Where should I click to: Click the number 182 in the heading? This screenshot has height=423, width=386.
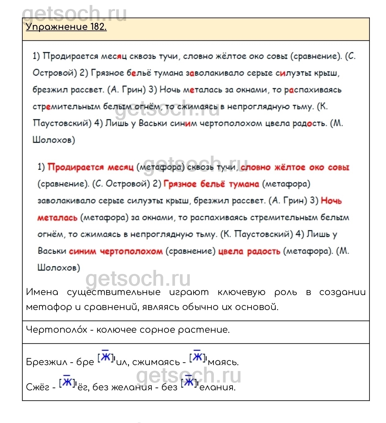pyautogui.click(x=98, y=27)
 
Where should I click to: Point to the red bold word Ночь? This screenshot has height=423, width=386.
pyautogui.click(x=331, y=201)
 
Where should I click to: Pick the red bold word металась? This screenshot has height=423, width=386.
pyautogui.click(x=57, y=218)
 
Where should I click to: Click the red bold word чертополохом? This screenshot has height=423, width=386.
pyautogui.click(x=131, y=251)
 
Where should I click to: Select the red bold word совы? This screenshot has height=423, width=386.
pyautogui.click(x=339, y=167)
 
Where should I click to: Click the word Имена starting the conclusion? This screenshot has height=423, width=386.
pyautogui.click(x=42, y=292)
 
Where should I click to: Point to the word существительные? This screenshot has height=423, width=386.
pyautogui.click(x=114, y=292)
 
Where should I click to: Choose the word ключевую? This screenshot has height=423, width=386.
pyautogui.click(x=241, y=292)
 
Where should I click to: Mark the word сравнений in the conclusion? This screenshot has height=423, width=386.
pyautogui.click(x=111, y=307)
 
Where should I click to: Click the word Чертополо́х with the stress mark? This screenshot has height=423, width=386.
pyautogui.click(x=57, y=330)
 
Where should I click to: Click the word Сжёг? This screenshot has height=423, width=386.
pyautogui.click(x=38, y=387)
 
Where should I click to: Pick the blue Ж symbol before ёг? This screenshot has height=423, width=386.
pyautogui.click(x=67, y=382)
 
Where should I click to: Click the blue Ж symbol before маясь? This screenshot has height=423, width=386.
pyautogui.click(x=197, y=357)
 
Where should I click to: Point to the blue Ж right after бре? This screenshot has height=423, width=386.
pyautogui.click(x=106, y=357)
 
